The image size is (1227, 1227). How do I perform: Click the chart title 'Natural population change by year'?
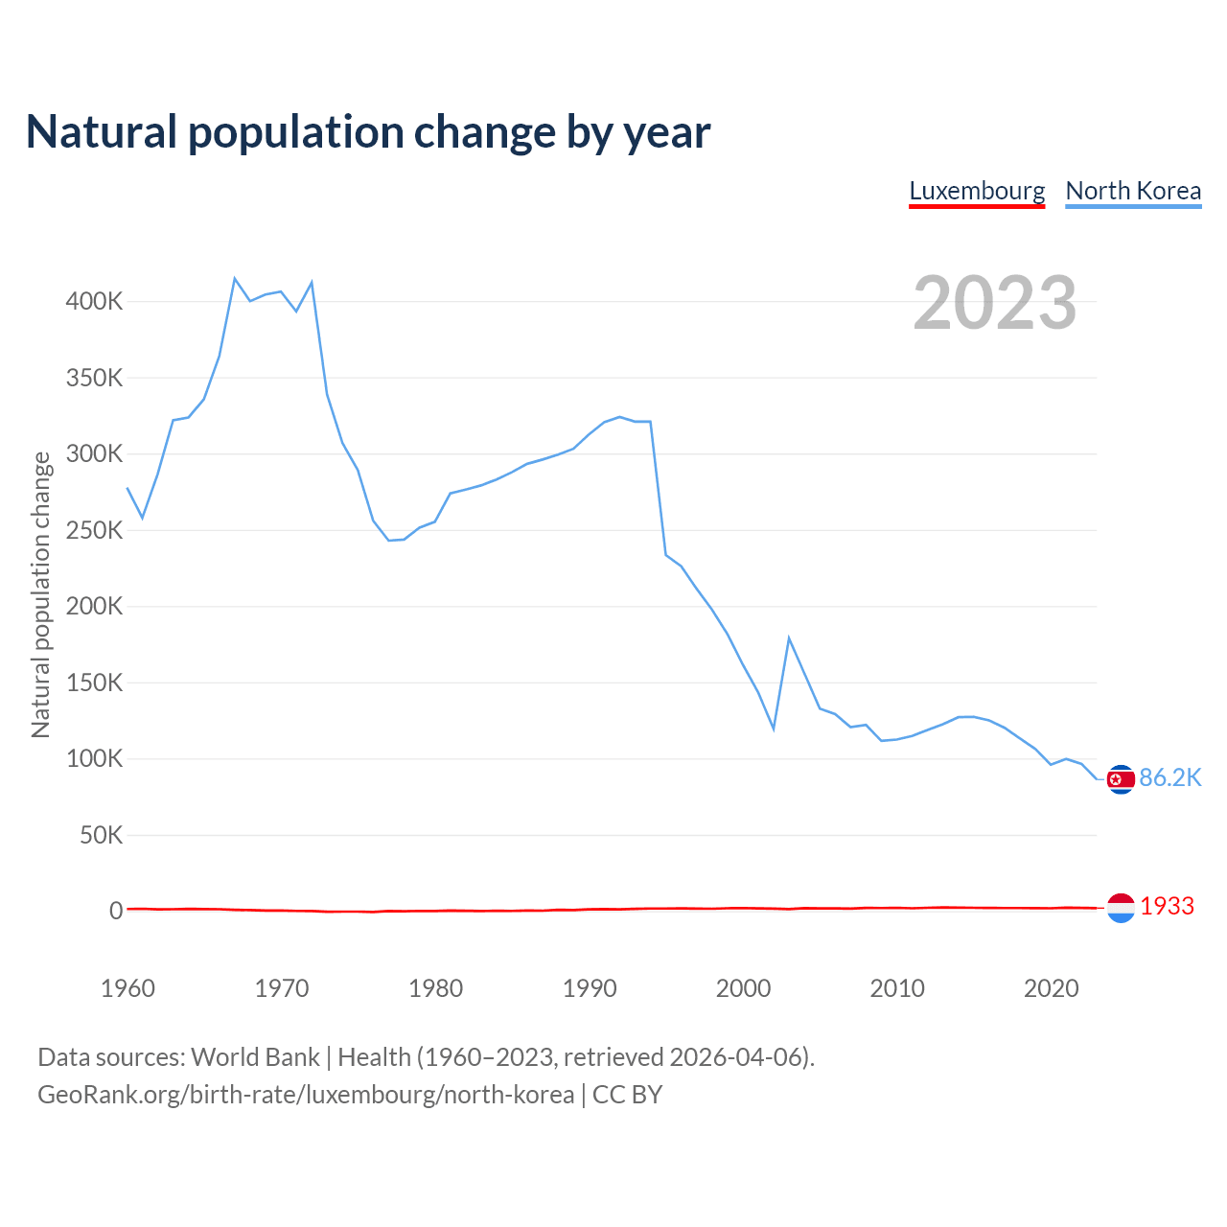[x=368, y=132]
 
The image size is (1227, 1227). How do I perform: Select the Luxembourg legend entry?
[x=977, y=191]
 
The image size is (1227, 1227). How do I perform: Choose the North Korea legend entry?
[x=1133, y=191]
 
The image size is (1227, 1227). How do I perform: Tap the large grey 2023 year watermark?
[x=994, y=303]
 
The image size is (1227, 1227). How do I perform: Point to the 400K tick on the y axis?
[x=94, y=302]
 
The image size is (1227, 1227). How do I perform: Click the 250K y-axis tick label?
[x=94, y=530]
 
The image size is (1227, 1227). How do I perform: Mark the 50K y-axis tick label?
[x=101, y=835]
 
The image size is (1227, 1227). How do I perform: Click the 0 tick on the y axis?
[x=116, y=911]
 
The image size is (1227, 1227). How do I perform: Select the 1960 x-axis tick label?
[x=127, y=988]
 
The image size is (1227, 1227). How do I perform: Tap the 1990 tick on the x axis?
[x=590, y=988]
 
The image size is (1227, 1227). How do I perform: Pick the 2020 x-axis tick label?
[x=1052, y=988]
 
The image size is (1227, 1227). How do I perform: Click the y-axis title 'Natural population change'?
[x=40, y=594]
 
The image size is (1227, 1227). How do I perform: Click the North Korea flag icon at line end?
[x=1121, y=779]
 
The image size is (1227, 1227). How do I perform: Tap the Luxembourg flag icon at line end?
[x=1121, y=907]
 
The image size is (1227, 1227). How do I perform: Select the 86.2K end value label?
[x=1169, y=777]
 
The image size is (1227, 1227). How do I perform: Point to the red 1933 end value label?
[x=1167, y=906]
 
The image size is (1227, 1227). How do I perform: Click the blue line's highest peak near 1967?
[x=235, y=279]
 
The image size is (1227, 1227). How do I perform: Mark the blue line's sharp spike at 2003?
[x=789, y=638]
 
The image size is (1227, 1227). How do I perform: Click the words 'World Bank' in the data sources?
[x=255, y=1057]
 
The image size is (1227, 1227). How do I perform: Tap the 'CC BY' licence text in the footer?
[x=627, y=1095]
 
